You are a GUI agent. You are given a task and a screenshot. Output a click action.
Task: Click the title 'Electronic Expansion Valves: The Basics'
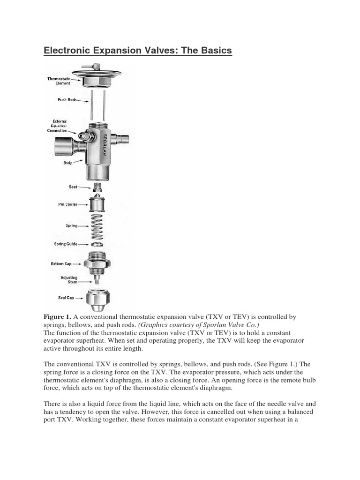tap(138, 50)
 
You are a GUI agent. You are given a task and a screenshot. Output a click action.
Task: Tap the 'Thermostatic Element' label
tap(59, 81)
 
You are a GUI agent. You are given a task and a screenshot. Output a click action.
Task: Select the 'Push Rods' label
tap(67, 100)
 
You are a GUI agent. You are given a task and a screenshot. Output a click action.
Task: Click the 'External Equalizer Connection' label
tap(57, 126)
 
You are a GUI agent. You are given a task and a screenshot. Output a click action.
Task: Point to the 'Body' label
tap(67, 163)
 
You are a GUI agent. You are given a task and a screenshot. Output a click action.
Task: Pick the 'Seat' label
tap(73, 187)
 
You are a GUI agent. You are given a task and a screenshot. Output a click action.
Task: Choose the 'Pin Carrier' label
tap(68, 204)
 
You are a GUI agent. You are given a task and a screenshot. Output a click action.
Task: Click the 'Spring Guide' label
tap(65, 244)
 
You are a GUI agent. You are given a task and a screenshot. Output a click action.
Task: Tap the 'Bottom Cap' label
tap(61, 264)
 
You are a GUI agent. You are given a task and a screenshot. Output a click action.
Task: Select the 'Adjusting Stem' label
tap(69, 280)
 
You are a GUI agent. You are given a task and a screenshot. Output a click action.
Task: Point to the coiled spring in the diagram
tap(97, 225)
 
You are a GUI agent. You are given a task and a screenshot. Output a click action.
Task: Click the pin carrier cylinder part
tap(97, 205)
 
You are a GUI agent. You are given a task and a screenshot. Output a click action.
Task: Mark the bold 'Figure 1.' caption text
tap(57, 317)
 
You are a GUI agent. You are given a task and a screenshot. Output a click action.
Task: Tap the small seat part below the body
tap(97, 187)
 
